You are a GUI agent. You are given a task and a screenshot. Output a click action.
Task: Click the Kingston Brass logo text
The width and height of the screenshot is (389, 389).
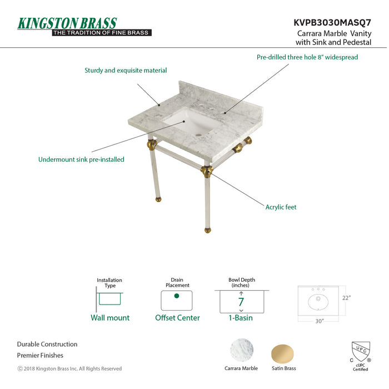pos(67,23)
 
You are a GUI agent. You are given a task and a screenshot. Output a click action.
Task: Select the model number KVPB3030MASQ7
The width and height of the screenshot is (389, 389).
pos(332,23)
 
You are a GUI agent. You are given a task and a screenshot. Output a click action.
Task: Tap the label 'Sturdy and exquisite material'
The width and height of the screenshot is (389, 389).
pos(126,71)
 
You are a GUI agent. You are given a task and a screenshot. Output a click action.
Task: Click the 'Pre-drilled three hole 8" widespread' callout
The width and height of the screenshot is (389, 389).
pos(307,57)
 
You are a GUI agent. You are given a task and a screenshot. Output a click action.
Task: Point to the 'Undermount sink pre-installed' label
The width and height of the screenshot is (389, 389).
pos(81,159)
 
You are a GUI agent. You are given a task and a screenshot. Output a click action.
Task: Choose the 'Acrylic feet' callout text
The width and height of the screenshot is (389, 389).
pos(281,207)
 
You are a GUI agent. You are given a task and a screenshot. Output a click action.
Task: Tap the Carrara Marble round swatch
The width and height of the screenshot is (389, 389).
pos(242,351)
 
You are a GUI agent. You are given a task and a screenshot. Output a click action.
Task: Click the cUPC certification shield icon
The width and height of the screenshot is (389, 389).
pos(360,352)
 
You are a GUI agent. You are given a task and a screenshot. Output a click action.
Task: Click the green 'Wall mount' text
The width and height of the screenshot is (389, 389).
pos(110,318)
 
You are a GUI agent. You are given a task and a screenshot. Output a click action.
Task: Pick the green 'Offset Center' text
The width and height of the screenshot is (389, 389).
pos(177,318)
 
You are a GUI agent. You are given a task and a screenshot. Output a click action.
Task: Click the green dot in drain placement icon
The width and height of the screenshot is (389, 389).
pos(177,296)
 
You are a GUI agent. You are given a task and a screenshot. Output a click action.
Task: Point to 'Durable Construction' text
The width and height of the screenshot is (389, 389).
pos(47,345)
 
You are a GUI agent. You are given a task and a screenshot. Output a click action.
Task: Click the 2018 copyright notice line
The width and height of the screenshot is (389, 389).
pos(69,368)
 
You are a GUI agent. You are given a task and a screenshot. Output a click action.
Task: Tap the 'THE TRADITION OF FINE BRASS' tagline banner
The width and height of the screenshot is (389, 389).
pos(101,33)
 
